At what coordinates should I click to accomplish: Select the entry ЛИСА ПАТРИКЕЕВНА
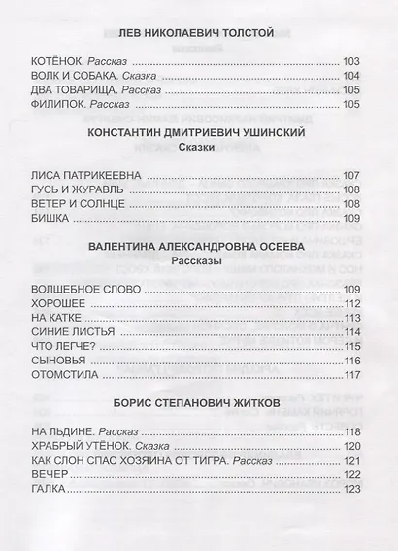86,175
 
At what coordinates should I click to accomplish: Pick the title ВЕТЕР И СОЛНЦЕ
79,203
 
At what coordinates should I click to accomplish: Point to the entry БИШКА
50,218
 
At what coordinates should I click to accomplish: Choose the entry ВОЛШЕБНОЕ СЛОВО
86,290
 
